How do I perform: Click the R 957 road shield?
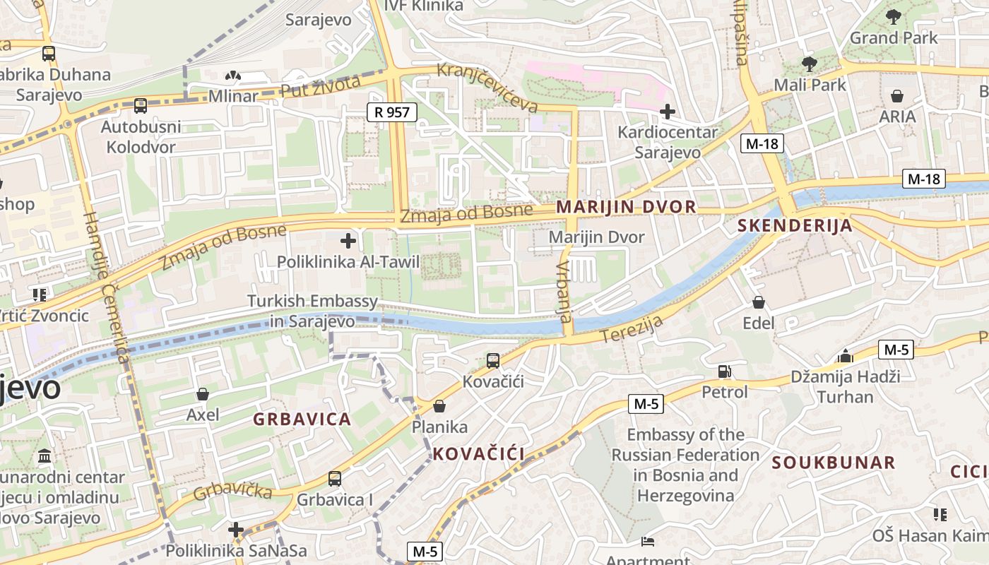(x=392, y=112)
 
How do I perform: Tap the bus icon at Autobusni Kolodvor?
(x=141, y=106)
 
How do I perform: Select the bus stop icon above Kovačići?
(x=493, y=361)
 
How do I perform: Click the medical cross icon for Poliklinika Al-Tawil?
(x=348, y=241)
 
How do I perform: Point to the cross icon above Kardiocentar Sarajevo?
(x=667, y=111)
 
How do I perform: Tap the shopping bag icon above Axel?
(x=203, y=393)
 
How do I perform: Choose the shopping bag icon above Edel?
(x=759, y=302)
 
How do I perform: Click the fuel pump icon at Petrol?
(x=724, y=371)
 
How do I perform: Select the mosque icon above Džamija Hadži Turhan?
(x=845, y=355)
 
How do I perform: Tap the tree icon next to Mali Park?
(x=809, y=64)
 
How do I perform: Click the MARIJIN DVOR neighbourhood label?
(x=626, y=207)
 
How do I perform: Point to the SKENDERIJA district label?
(x=795, y=226)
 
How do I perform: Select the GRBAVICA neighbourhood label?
(x=302, y=419)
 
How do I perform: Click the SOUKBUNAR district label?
(x=834, y=463)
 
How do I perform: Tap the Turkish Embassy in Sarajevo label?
(x=312, y=311)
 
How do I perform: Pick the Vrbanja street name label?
(x=564, y=292)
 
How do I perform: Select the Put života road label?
(x=321, y=87)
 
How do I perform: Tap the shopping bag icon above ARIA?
(x=897, y=95)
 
